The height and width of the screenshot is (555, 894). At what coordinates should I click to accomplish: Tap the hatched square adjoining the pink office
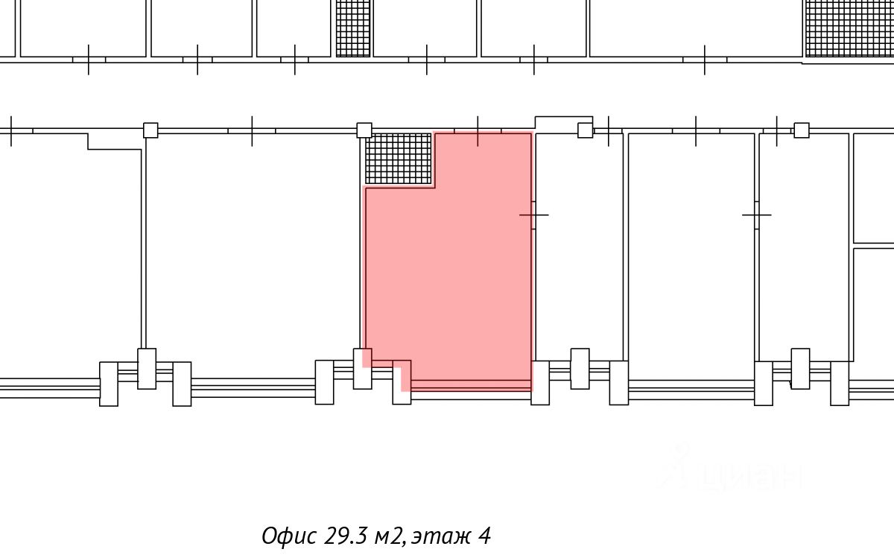[x=399, y=159]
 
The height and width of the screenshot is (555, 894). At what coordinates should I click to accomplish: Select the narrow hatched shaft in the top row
[x=353, y=28]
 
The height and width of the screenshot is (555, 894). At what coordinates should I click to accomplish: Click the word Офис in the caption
[x=289, y=536]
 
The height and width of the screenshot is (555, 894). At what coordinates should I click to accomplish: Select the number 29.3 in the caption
[x=345, y=536]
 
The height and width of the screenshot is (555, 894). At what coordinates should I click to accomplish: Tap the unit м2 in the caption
[x=390, y=536]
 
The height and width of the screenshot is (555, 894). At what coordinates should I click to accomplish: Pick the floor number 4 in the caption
[x=484, y=536]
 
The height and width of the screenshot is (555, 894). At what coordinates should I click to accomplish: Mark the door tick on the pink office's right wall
[x=533, y=215]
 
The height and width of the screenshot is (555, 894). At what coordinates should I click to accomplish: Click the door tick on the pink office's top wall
[x=478, y=131]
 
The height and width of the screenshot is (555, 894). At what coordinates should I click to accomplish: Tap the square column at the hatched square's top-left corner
[x=364, y=130]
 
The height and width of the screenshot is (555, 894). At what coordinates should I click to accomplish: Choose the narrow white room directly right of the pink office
[x=579, y=246]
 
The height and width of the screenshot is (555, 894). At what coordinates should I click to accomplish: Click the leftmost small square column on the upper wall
[x=150, y=130]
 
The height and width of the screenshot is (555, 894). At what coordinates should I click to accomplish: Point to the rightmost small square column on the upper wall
[x=802, y=130]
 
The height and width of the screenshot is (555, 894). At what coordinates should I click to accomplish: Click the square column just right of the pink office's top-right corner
[x=586, y=130]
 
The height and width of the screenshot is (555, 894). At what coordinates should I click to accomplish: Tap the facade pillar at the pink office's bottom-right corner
[x=540, y=383]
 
